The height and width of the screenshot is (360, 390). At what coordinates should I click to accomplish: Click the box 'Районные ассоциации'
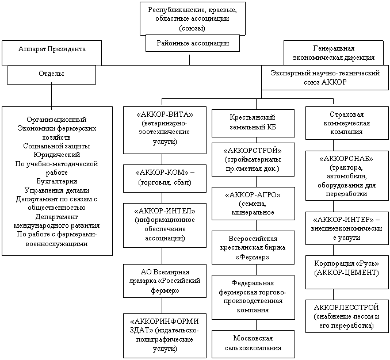(x=193, y=43)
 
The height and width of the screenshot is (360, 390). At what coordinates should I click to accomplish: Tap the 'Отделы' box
(x=51, y=74)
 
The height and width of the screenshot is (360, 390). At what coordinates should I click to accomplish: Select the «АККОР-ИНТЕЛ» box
(x=164, y=225)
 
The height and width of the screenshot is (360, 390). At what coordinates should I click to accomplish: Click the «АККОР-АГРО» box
(x=253, y=203)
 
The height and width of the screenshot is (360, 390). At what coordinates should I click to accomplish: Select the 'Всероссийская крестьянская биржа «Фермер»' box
(x=253, y=248)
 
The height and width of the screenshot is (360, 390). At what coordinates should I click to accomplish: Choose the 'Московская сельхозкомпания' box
(x=253, y=343)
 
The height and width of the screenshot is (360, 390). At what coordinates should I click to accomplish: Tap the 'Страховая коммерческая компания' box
(x=342, y=123)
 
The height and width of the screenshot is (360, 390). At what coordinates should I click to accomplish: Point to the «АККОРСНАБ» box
(x=342, y=175)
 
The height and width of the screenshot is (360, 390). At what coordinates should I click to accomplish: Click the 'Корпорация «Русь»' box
(x=342, y=266)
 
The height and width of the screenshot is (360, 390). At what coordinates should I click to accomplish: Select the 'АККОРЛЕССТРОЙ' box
(x=343, y=313)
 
